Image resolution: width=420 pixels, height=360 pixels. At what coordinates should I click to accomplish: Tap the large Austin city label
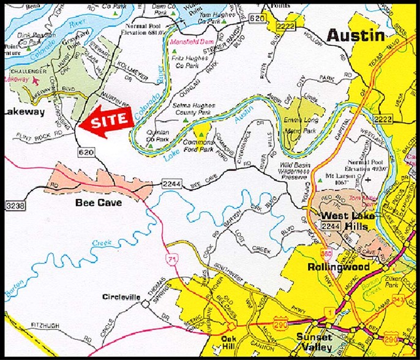click(355, 36)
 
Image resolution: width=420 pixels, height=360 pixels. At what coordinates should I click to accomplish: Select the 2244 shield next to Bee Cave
click(172, 182)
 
